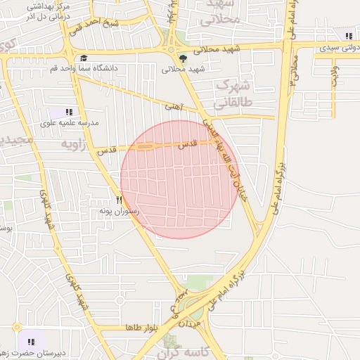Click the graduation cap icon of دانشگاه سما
pyautogui.click(x=83, y=58)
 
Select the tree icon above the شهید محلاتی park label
pyautogui.click(x=184, y=58)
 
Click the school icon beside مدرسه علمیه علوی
pyautogui.click(x=69, y=112)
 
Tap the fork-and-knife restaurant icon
pyautogui.click(x=119, y=200)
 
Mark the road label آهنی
pyautogui.click(x=172, y=106)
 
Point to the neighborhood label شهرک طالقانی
pyautogui.click(x=226, y=92)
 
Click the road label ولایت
pyautogui.click(x=335, y=76)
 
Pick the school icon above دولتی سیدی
pyautogui.click(x=347, y=37)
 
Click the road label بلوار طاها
pyautogui.click(x=141, y=328)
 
